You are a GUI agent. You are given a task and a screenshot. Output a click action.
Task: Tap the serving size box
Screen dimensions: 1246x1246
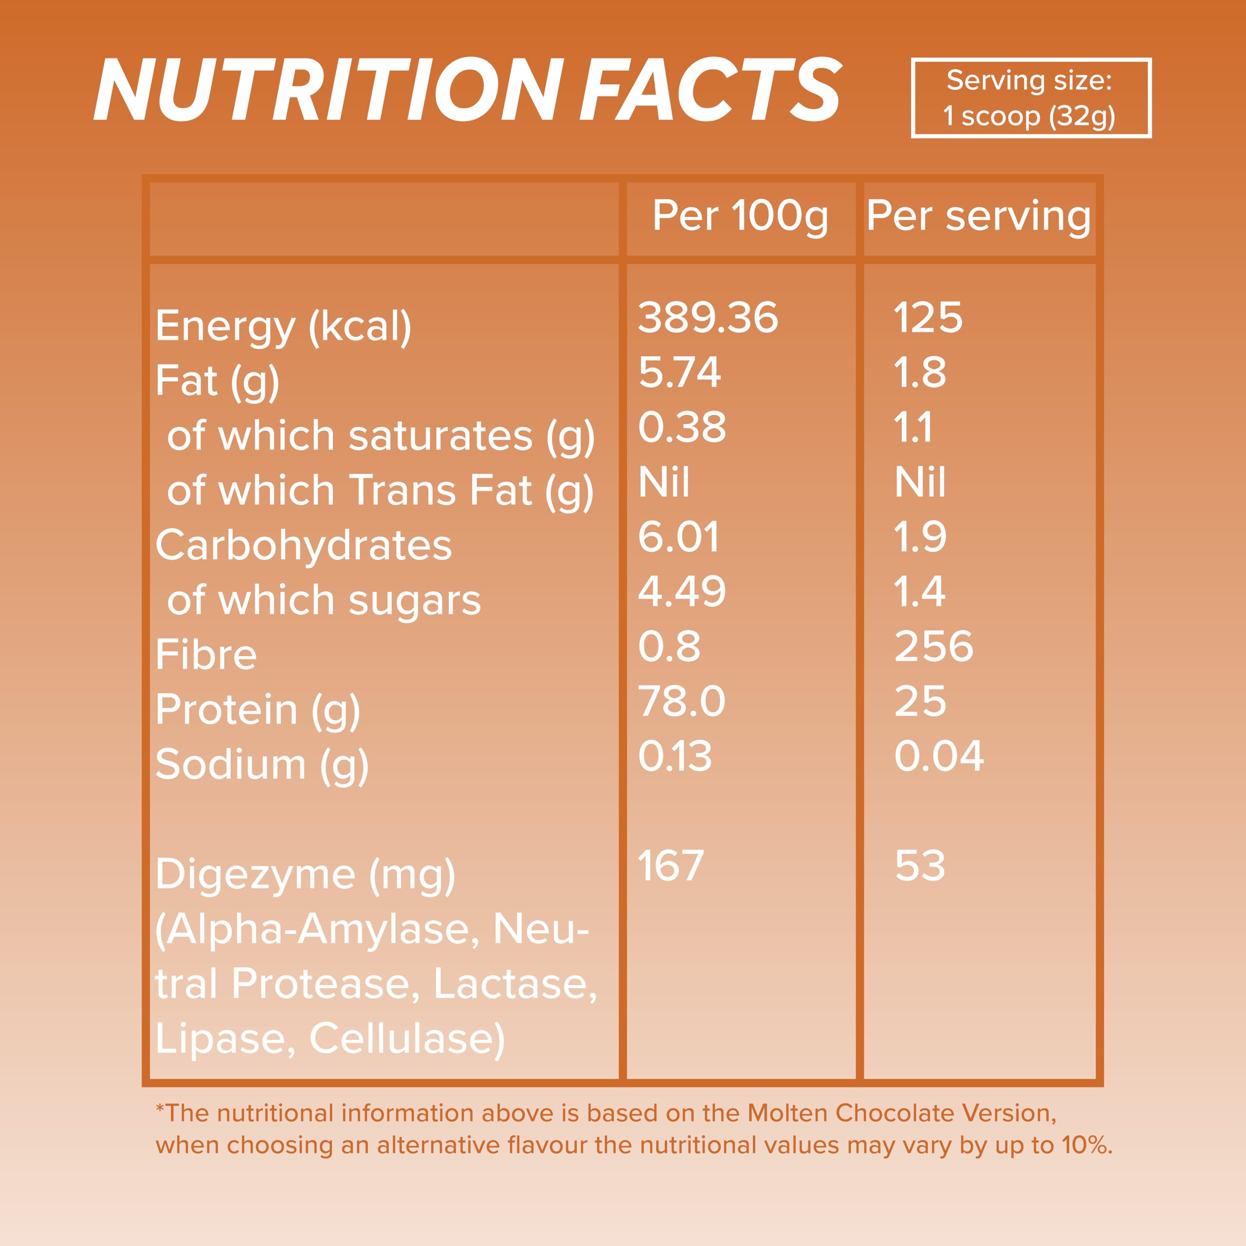pyautogui.click(x=1030, y=98)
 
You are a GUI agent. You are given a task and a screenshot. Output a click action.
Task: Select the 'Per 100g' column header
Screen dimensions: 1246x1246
pyautogui.click(x=740, y=216)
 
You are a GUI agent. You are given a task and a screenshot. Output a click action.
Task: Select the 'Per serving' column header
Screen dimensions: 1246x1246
pyautogui.click(x=978, y=216)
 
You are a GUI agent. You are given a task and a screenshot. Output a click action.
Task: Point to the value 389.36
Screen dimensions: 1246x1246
pyautogui.click(x=708, y=317)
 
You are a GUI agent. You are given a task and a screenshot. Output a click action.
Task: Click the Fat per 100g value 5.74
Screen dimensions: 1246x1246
pyautogui.click(x=679, y=372)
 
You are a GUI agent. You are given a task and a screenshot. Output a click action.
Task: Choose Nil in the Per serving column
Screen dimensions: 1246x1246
pyautogui.click(x=920, y=482)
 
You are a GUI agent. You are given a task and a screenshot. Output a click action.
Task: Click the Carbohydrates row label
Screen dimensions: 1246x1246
pyautogui.click(x=303, y=546)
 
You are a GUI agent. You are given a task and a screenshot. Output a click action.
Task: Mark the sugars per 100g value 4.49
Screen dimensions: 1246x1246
pyautogui.click(x=682, y=591)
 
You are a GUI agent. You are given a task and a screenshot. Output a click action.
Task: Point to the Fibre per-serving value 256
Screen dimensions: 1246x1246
pyautogui.click(x=933, y=646)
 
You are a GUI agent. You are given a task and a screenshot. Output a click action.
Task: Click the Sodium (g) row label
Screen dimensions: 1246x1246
pyautogui.click(x=262, y=765)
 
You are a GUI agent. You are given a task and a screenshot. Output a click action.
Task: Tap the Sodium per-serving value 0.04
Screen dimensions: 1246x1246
pyautogui.click(x=938, y=756)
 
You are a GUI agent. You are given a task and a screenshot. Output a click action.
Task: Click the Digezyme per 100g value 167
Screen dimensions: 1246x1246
pyautogui.click(x=671, y=865)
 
